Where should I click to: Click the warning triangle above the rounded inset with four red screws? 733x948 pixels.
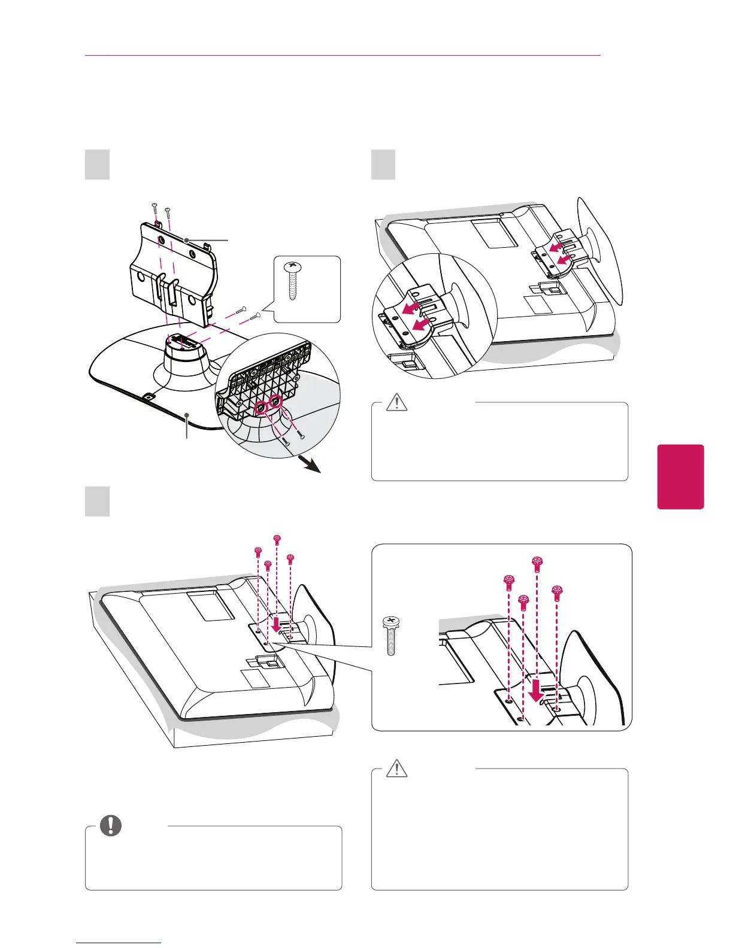[x=395, y=402]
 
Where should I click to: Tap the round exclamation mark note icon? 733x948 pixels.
[x=110, y=826]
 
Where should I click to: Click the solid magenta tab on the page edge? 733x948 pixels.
[x=680, y=476]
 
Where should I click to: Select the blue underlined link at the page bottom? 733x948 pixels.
[x=119, y=944]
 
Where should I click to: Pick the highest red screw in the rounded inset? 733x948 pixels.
[x=537, y=561]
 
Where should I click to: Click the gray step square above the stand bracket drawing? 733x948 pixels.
[x=97, y=165]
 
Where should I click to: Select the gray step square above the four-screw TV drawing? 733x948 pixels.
[x=97, y=502]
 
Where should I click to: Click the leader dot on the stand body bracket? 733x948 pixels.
[x=187, y=239]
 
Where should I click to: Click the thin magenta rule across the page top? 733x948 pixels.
[x=342, y=56]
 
